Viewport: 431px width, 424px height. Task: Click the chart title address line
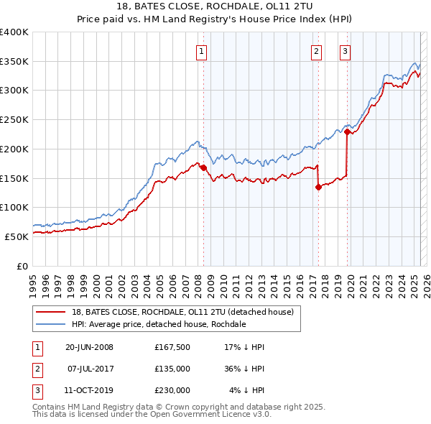(215, 6)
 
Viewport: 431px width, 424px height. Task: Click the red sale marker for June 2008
(203, 168)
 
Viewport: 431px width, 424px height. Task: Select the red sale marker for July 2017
(318, 187)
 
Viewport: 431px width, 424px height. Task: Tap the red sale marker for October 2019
(347, 132)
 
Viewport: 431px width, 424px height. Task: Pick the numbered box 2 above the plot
(316, 51)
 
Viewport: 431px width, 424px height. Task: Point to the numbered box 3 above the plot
(346, 51)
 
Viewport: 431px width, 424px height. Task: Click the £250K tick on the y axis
(14, 120)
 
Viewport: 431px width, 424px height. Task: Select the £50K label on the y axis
(17, 236)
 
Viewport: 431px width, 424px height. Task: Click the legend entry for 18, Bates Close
(182, 313)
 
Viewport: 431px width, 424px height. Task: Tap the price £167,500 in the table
(172, 347)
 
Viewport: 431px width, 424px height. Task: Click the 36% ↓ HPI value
(244, 369)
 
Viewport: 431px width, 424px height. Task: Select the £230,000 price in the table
(172, 390)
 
